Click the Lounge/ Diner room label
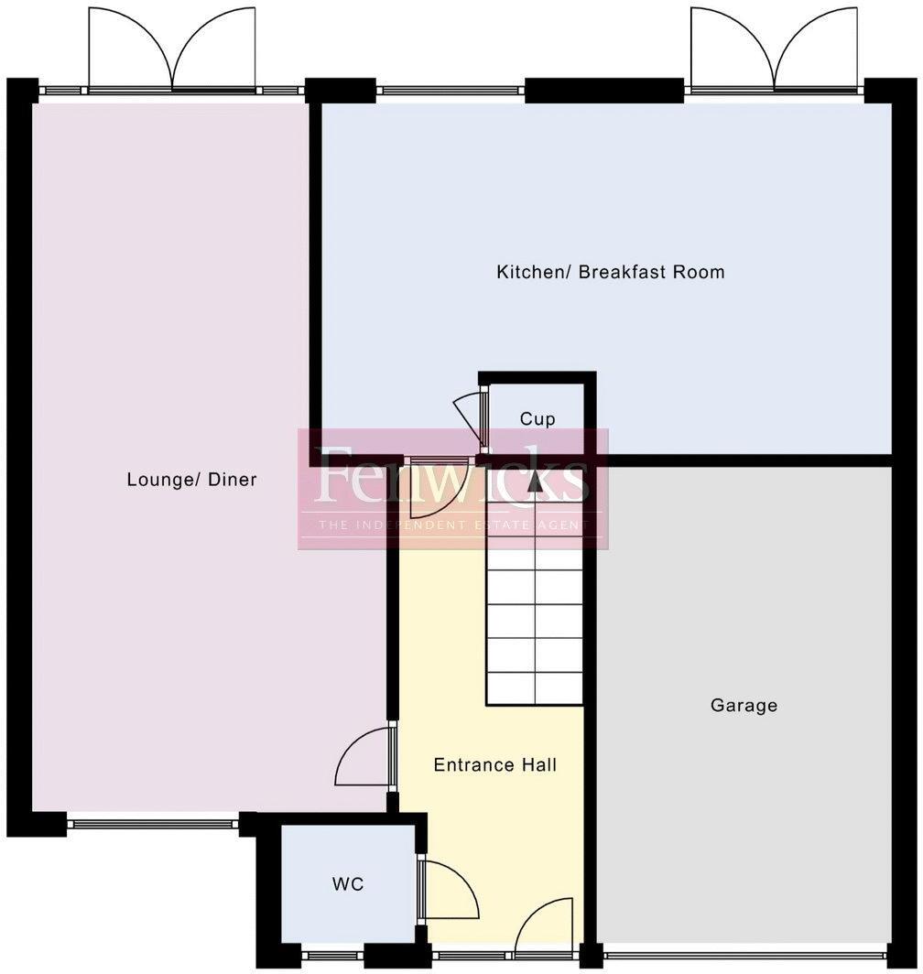191,480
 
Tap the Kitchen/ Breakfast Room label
610,272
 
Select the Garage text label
744,706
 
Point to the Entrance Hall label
494,765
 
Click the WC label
348,884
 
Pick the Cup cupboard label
538,419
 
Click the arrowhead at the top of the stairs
535,483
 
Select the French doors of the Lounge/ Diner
172,50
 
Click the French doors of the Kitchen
775,50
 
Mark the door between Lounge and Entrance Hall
364,756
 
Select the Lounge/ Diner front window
153,824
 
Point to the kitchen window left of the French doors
450,91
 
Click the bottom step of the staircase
535,689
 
